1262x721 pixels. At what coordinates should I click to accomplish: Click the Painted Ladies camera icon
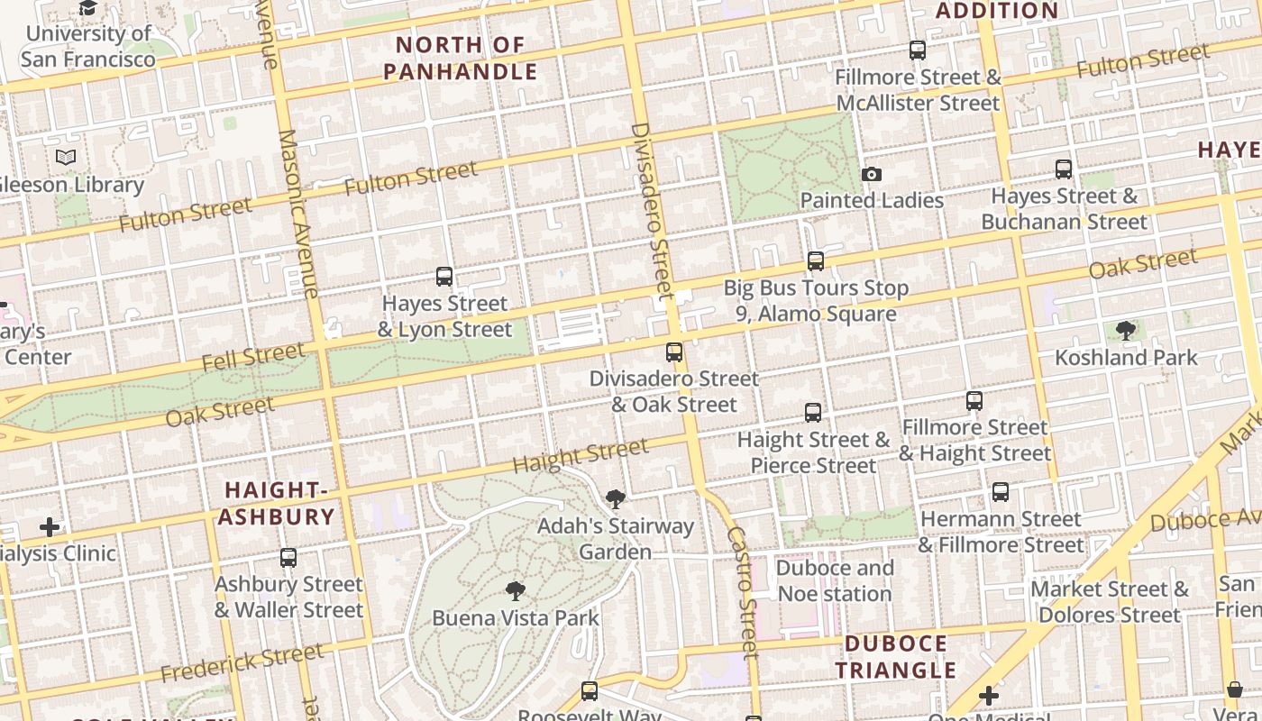point(871,175)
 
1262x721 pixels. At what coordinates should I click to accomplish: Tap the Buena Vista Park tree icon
point(515,591)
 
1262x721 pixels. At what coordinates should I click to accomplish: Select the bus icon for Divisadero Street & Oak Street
point(673,352)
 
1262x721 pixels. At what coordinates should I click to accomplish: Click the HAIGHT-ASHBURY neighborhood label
point(277,504)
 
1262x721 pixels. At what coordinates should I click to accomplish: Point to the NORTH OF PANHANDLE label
point(460,58)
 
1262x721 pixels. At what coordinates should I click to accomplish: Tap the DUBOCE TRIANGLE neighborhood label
point(895,657)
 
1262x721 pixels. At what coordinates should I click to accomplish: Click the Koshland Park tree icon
point(1125,331)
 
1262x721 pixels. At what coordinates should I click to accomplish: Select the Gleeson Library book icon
point(66,158)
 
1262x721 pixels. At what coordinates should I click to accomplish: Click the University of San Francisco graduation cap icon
point(87,8)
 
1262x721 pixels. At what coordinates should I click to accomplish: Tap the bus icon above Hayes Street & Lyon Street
point(444,277)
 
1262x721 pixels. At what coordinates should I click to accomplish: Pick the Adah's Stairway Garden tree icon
point(615,499)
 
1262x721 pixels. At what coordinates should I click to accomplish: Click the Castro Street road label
point(739,590)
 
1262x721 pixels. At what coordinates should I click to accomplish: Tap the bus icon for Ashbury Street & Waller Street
point(288,558)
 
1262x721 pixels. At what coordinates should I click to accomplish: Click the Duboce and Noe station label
point(835,581)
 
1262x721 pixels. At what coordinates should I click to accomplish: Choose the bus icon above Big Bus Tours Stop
point(815,261)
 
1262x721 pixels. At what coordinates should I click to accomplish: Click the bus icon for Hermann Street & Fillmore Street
point(1000,492)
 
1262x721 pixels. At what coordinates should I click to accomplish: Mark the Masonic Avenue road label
point(300,214)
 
